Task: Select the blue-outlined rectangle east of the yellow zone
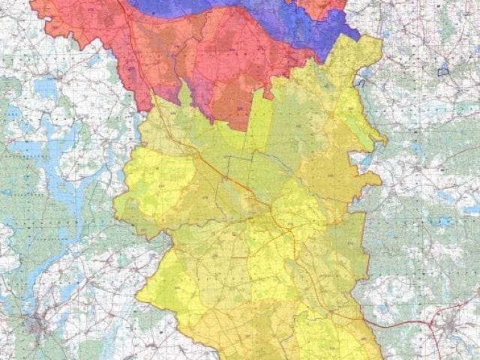(x=443, y=72)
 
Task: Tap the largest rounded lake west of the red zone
(x=45, y=87)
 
